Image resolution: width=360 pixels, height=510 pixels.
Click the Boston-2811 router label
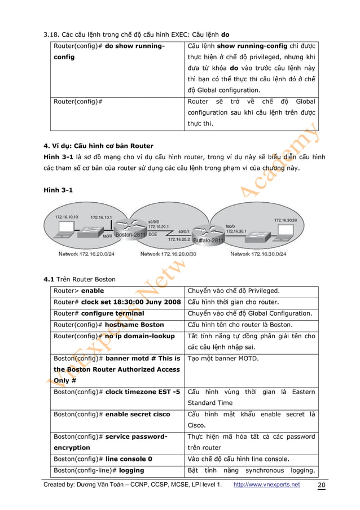(131, 234)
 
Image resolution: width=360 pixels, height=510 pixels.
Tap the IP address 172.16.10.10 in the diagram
(66, 216)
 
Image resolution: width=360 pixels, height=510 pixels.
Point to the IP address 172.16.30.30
(288, 220)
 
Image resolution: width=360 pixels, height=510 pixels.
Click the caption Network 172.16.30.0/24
(258, 254)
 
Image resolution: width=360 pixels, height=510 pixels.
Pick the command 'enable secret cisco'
(138, 415)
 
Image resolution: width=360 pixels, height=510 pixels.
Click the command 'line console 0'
(134, 459)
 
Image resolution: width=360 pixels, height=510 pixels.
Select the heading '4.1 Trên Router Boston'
(80, 278)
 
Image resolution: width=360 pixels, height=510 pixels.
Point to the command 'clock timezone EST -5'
(143, 392)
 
